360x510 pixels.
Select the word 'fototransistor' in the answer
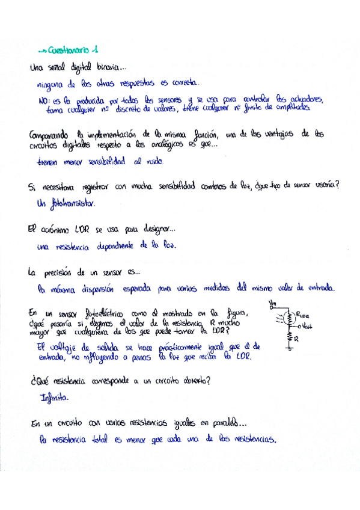pos(71,203)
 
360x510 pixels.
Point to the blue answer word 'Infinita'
pos(55,398)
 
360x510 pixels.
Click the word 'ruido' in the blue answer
pos(152,162)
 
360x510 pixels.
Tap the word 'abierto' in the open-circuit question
pos(189,381)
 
